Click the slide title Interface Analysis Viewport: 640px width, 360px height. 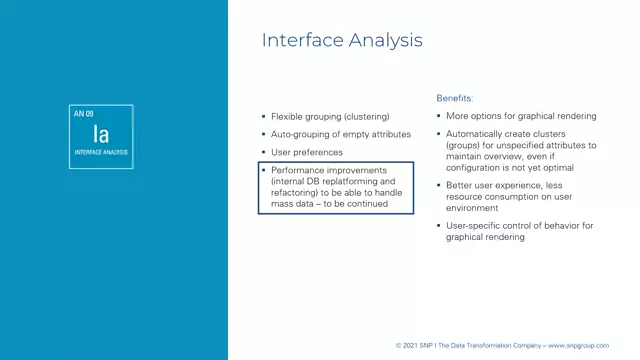[x=341, y=41]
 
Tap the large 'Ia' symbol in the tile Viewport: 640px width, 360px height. [x=101, y=133]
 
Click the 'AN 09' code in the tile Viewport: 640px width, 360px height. [x=84, y=114]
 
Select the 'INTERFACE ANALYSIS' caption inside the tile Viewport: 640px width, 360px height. [x=101, y=153]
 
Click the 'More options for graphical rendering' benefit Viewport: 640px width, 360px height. [x=521, y=116]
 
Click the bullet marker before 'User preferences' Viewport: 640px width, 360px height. [x=263, y=152]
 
